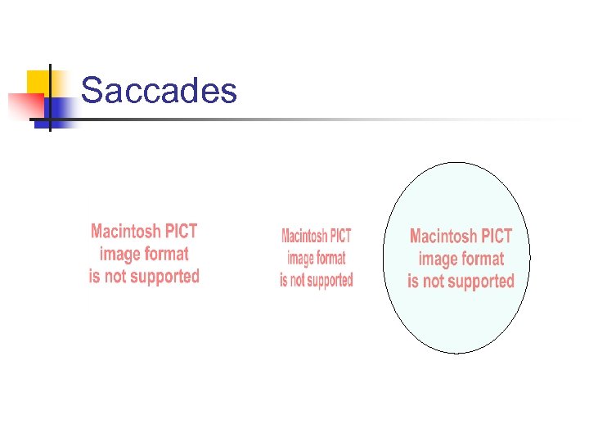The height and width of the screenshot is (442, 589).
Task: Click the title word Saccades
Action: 160,91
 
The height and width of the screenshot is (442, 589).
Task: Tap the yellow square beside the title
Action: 38,82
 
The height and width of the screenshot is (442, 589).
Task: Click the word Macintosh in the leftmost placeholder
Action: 124,232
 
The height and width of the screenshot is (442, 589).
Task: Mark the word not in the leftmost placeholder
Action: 115,277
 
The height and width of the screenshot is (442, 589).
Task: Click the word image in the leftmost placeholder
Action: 120,255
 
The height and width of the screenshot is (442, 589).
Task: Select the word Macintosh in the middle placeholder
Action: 303,237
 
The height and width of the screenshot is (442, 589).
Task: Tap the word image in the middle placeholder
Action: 300,259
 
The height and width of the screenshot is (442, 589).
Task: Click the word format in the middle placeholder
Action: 330,259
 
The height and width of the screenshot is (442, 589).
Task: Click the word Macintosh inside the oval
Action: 444,237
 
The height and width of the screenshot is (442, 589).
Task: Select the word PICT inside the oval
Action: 497,237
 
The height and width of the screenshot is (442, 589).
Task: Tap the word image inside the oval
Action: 438,259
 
